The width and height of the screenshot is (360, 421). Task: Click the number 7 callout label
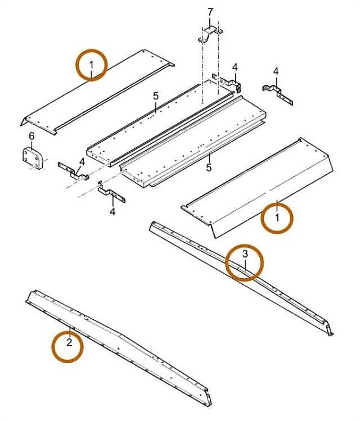pyautogui.click(x=210, y=12)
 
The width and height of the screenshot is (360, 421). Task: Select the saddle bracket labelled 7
pyautogui.click(x=210, y=34)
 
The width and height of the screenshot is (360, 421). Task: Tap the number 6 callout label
pyautogui.click(x=31, y=137)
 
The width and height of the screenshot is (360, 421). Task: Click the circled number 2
pyautogui.click(x=69, y=342)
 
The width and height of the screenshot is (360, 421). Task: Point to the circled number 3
pyautogui.click(x=245, y=253)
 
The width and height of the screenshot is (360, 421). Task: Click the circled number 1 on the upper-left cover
pyautogui.click(x=91, y=65)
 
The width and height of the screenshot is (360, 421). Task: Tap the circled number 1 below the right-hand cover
pyautogui.click(x=277, y=217)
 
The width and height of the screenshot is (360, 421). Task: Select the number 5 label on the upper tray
pyautogui.click(x=156, y=96)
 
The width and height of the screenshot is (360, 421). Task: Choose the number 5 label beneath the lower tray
pyautogui.click(x=209, y=168)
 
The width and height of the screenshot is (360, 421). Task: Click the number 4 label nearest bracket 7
pyautogui.click(x=235, y=67)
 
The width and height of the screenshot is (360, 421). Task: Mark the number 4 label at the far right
pyautogui.click(x=276, y=72)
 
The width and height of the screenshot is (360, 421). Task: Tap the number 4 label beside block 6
pyautogui.click(x=82, y=162)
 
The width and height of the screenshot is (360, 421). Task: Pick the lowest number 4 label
pyautogui.click(x=113, y=212)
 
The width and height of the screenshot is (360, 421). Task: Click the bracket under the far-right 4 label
pyautogui.click(x=278, y=94)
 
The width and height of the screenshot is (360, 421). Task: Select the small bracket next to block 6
pyautogui.click(x=73, y=171)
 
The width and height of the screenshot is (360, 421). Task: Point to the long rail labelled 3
pyautogui.click(x=241, y=278)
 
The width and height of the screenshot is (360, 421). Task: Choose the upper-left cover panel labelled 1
pyautogui.click(x=97, y=92)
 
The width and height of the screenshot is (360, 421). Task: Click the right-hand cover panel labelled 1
pyautogui.click(x=258, y=188)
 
